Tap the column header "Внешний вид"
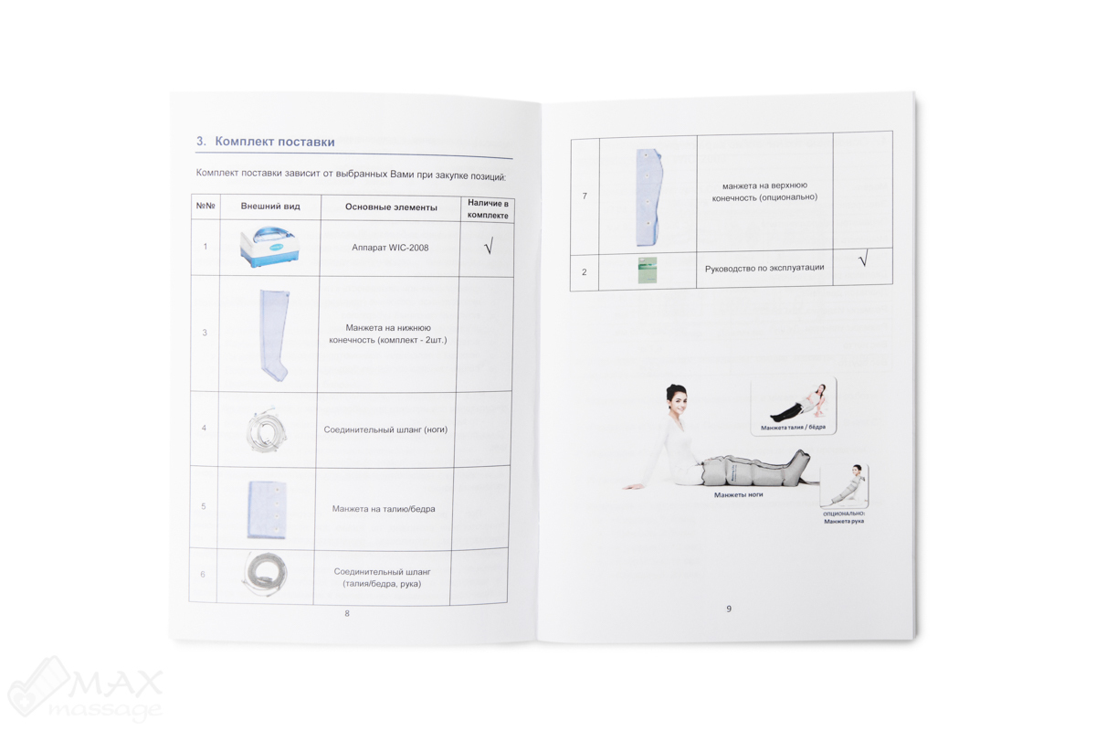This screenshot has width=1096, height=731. (x=270, y=207)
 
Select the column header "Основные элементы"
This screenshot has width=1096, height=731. (x=391, y=207)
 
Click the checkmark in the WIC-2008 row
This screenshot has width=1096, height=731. (x=489, y=246)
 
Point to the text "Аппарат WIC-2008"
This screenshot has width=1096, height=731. (x=390, y=248)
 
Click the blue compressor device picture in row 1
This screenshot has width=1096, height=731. (x=270, y=247)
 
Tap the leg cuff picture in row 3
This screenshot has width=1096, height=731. (x=275, y=335)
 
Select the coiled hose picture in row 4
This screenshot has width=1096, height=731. (x=266, y=430)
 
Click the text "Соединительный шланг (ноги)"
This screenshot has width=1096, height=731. (x=385, y=429)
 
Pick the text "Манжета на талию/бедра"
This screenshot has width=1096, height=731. (x=384, y=509)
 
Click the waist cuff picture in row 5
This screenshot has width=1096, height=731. (x=266, y=510)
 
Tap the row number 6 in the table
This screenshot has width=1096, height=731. (x=203, y=574)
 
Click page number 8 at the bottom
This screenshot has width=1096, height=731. (x=347, y=613)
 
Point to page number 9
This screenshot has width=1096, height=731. (x=729, y=609)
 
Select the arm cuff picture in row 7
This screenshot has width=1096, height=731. (x=648, y=197)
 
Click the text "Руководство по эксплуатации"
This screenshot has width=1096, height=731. (x=764, y=268)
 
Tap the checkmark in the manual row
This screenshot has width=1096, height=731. (x=864, y=258)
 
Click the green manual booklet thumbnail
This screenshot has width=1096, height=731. (x=648, y=270)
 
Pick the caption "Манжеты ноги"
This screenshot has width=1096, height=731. (x=738, y=495)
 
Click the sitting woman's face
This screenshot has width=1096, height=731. (x=678, y=405)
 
